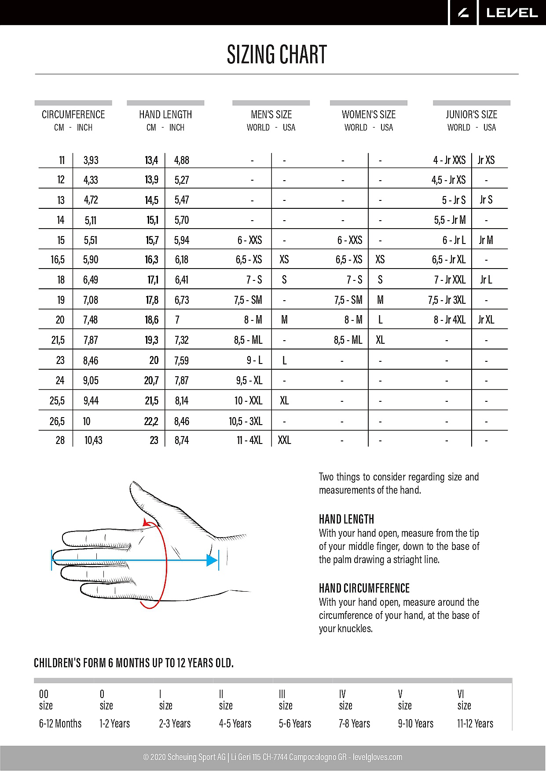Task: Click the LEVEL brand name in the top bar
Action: click(x=512, y=13)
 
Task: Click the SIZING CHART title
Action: click(x=277, y=55)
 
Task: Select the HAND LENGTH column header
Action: click(x=165, y=115)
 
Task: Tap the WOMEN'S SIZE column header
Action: click(x=369, y=115)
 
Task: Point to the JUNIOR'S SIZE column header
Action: click(x=471, y=115)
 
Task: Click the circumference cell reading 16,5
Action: click(x=58, y=260)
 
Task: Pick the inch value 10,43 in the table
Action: click(x=93, y=440)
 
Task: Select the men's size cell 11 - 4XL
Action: click(x=249, y=440)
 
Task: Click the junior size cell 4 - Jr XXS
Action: click(x=449, y=160)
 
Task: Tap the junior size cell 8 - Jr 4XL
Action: click(x=449, y=320)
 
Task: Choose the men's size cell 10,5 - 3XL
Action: click(x=246, y=422)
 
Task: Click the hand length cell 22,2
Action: click(x=151, y=422)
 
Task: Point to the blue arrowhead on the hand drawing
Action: click(x=213, y=560)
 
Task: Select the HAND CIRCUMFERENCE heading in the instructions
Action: click(x=364, y=588)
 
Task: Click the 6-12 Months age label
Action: click(x=60, y=724)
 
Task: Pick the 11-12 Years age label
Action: click(x=475, y=724)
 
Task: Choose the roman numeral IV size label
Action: click(x=342, y=694)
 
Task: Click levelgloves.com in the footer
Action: click(x=377, y=757)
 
